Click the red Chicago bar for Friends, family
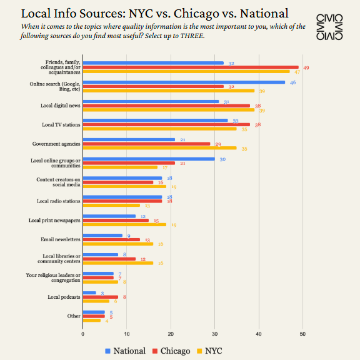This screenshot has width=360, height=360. point(191,67)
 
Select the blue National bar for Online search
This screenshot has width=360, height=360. point(184,82)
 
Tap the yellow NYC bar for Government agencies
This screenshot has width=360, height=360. point(160,148)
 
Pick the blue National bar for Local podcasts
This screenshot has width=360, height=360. point(89,292)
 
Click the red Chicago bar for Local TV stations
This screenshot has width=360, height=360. point(166,124)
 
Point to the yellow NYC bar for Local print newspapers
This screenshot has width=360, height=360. point(124,224)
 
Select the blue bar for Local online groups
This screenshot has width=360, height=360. point(149,159)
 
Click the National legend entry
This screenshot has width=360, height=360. point(124,351)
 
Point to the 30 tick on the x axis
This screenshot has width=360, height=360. point(215,334)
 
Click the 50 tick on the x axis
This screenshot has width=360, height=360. point(303,334)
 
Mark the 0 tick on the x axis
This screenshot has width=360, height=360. point(83,334)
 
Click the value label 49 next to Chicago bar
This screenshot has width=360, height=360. point(306,67)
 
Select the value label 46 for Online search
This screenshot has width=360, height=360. point(292,82)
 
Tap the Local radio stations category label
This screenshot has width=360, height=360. point(59,201)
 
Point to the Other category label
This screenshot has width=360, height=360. point(74,316)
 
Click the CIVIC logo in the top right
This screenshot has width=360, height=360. point(329,26)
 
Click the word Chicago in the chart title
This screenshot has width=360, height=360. point(191,13)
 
